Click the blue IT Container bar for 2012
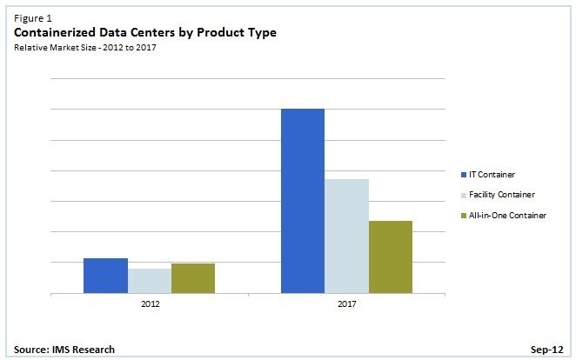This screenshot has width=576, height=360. pyautogui.click(x=105, y=277)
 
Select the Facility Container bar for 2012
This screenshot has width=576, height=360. pyautogui.click(x=150, y=281)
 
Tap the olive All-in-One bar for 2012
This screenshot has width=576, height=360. pyautogui.click(x=193, y=278)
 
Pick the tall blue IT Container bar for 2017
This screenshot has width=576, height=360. pyautogui.click(x=303, y=201)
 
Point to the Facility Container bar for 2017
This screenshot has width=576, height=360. pyautogui.click(x=347, y=237)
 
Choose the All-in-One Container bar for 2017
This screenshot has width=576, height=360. pyautogui.click(x=391, y=257)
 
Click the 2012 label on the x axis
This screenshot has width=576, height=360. pyautogui.click(x=150, y=305)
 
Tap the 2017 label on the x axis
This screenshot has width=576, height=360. pyautogui.click(x=347, y=305)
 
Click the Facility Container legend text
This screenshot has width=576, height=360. pyautogui.click(x=503, y=195)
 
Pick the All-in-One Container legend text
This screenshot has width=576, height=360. pyautogui.click(x=508, y=215)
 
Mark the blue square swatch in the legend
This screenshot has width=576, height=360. pyautogui.click(x=463, y=175)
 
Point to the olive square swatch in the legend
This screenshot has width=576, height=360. pyautogui.click(x=463, y=215)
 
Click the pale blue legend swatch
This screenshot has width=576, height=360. pyautogui.click(x=463, y=195)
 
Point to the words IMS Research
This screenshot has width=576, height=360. pyautogui.click(x=84, y=350)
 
